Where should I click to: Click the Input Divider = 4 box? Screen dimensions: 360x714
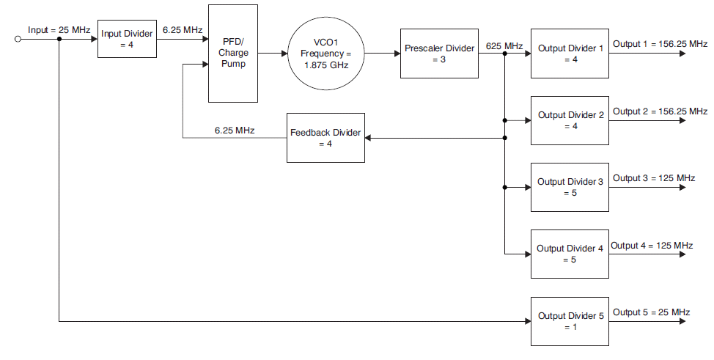(x=128, y=39)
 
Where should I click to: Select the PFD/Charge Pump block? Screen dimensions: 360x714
(x=232, y=54)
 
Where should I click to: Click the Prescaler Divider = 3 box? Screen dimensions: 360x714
(x=439, y=54)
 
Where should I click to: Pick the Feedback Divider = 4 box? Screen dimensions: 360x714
(x=325, y=138)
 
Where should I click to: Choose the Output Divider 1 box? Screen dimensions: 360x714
(x=570, y=54)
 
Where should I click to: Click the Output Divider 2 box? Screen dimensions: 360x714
(x=570, y=120)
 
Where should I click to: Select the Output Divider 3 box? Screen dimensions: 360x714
(x=570, y=187)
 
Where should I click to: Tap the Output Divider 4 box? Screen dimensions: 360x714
(x=570, y=254)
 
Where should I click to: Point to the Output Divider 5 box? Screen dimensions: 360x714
(x=570, y=321)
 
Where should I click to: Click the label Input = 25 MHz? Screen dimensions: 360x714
(x=59, y=29)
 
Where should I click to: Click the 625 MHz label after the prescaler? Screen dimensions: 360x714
(x=504, y=45)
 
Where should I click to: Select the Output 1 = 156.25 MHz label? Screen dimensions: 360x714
(x=660, y=44)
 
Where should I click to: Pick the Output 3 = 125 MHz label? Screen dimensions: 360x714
(x=654, y=177)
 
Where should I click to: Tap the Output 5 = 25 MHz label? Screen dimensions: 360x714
(x=652, y=312)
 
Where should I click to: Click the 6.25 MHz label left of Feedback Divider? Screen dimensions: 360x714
(x=235, y=130)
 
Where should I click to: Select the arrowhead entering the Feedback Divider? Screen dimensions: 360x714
(x=369, y=138)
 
